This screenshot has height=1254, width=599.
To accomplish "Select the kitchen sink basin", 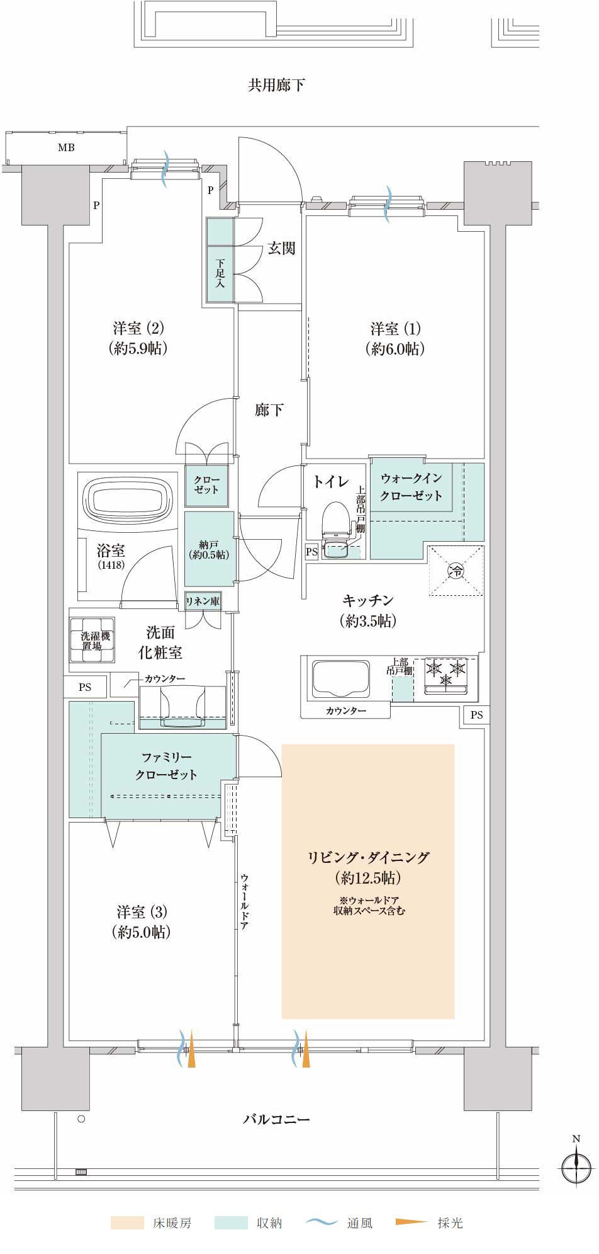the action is (340, 679).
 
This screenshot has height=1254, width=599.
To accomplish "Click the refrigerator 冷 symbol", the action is (456, 571).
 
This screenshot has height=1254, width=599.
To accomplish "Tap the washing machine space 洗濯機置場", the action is (92, 640).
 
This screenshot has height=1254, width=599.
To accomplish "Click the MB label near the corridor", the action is (66, 147).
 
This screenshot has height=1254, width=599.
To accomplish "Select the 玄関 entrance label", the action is (281, 248).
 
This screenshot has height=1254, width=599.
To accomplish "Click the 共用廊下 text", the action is (276, 84).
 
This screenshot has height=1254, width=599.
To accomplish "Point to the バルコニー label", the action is (276, 1119).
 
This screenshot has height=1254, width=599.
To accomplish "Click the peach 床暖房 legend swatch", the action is (127, 1223).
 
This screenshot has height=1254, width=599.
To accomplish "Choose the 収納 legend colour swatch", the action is (231, 1223).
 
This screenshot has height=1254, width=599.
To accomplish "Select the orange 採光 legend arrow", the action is (411, 1222).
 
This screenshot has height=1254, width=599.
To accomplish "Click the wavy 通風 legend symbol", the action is (322, 1222).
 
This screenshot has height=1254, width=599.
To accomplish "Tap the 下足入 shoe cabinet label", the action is (220, 273).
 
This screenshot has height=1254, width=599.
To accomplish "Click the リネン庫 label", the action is (203, 601).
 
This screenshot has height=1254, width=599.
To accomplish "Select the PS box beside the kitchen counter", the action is (476, 715).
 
